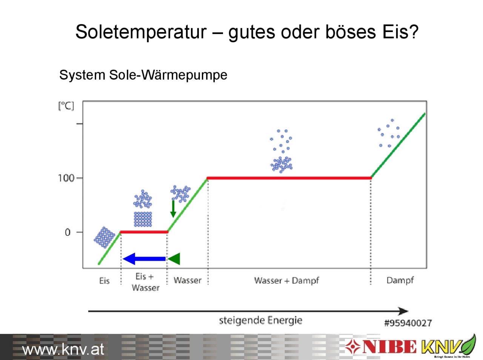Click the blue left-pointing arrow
(144, 259)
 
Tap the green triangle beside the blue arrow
(174, 259)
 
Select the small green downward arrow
(173, 209)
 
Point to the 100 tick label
(66, 178)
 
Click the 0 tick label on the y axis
(68, 232)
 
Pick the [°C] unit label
(66, 106)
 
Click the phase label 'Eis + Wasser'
(145, 282)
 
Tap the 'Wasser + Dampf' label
(286, 280)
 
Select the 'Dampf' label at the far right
(400, 280)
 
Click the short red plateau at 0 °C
(144, 232)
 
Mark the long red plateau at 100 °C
(289, 178)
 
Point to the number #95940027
(408, 323)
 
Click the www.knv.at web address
(63, 349)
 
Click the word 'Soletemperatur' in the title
(141, 32)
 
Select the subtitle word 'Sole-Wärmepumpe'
(168, 75)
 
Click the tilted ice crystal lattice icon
(105, 238)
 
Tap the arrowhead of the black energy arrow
(404, 311)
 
